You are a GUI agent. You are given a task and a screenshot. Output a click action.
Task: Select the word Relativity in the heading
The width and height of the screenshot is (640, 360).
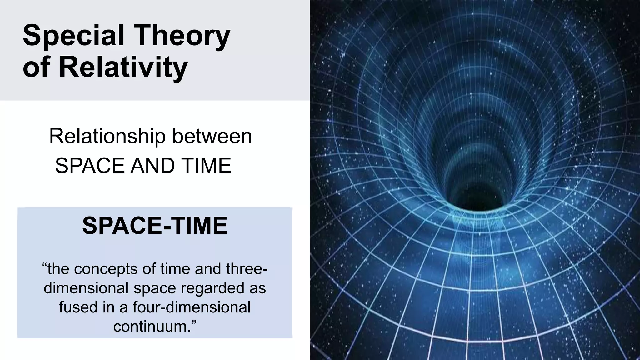tap(123, 67)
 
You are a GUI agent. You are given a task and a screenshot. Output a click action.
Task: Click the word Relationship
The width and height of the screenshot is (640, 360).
tap(107, 137)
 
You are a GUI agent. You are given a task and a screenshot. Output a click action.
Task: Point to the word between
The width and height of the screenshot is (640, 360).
tap(212, 137)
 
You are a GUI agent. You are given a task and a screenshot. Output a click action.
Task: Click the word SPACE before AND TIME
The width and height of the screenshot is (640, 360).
tap(90, 166)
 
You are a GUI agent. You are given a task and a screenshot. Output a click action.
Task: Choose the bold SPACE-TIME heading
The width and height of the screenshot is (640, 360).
tap(155, 226)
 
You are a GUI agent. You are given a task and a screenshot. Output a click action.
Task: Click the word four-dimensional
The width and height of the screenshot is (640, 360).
tap(192, 307)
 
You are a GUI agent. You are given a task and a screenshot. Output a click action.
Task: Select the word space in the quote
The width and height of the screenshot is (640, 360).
tap(153, 288)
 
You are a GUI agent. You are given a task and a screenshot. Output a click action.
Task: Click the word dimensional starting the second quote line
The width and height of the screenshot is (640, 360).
tap(86, 288)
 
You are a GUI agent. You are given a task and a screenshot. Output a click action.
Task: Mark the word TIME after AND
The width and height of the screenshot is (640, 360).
tap(206, 166)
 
